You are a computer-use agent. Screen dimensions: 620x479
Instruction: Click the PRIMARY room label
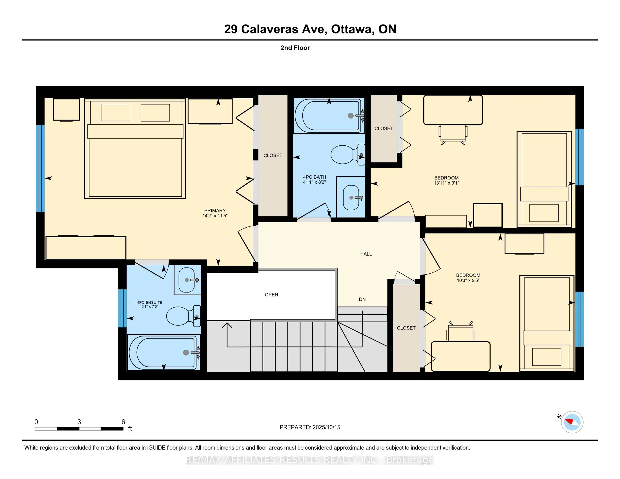coord(215,210)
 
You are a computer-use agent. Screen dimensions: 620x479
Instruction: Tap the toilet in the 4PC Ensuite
coord(183,316)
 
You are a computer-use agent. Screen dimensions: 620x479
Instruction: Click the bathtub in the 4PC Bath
coord(329,116)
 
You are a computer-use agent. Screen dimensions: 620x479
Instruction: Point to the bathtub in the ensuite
coord(163,352)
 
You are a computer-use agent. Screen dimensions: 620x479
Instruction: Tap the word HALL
coord(366,254)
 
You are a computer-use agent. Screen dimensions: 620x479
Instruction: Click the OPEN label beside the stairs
coord(271,295)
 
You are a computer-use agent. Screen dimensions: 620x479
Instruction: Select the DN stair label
coord(362,299)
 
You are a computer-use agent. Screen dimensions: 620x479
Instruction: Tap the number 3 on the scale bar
coord(79,422)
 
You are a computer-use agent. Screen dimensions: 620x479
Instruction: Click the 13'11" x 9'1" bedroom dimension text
coord(447,183)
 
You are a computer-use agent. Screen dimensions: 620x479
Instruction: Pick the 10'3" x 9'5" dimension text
coord(468,280)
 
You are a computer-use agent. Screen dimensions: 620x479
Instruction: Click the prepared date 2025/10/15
coord(326,427)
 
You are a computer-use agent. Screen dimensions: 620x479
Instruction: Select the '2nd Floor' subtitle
coord(295,48)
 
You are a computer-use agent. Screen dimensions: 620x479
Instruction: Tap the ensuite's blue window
coord(122,309)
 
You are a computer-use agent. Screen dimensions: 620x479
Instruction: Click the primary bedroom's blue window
coord(40,168)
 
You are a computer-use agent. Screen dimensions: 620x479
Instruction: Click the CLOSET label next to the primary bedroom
coord(273,156)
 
